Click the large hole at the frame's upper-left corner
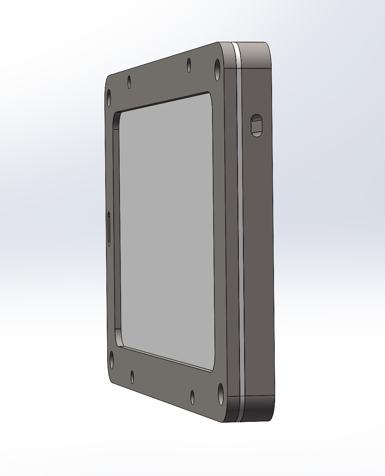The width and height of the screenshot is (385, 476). tap(109, 98)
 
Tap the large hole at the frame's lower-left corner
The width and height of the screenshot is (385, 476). tap(112, 360)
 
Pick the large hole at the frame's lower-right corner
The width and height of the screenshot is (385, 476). tap(221, 392)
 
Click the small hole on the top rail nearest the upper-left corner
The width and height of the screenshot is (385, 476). tap(129, 82)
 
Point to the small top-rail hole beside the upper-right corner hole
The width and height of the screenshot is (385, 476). tap(189, 65)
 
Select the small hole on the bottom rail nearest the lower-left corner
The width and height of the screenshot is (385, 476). tap(132, 377)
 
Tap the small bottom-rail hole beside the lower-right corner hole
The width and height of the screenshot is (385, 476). tap(192, 397)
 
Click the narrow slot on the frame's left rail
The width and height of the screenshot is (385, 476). tap(109, 229)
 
